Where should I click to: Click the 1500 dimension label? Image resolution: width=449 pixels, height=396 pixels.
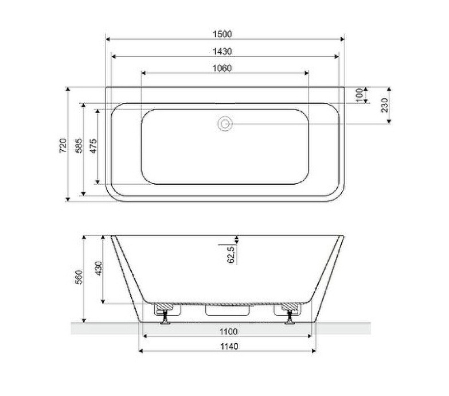[225, 34]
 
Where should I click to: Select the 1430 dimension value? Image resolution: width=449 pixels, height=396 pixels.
[225, 51]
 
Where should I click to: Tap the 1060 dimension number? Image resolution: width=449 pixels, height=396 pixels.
[225, 68]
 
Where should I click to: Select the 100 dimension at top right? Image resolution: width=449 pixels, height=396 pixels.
[359, 95]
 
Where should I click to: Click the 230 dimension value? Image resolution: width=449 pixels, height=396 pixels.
[385, 105]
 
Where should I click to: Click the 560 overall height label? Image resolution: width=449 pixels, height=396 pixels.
[79, 278]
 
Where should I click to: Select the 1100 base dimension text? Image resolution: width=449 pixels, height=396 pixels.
[228, 331]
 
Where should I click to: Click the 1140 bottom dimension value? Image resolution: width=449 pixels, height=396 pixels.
[228, 346]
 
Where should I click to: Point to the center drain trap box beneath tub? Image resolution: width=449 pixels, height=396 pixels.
[228, 310]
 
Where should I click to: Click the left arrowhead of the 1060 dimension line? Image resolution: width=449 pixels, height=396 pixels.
[143, 73]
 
